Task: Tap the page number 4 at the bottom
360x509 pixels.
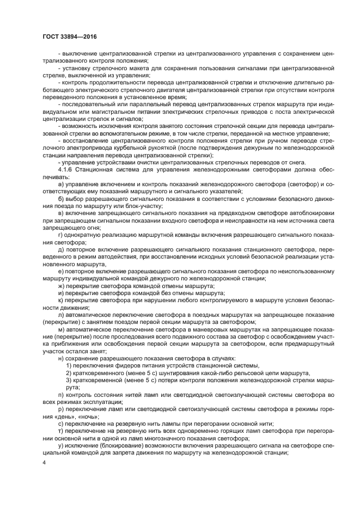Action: click(x=44, y=463)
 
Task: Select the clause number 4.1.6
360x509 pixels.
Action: click(x=67, y=169)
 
